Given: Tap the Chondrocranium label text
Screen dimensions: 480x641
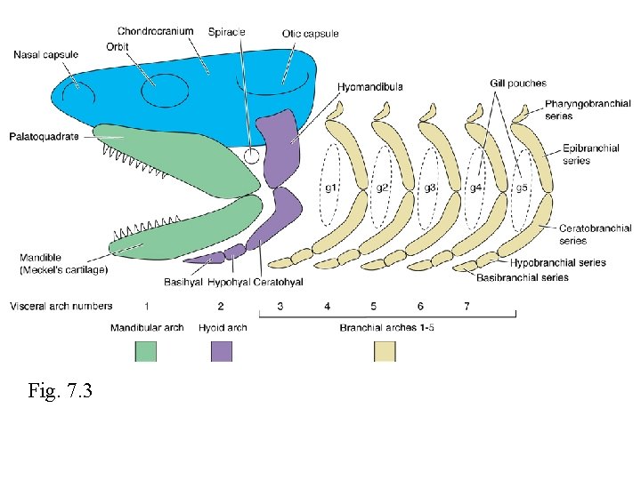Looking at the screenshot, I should [155, 31].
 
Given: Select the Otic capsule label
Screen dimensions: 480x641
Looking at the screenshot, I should [310, 34].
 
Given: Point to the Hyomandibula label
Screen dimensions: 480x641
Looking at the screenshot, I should [370, 87].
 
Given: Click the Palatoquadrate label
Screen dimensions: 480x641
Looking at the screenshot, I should [45, 137].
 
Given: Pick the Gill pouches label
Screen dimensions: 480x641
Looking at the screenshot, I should [517, 84].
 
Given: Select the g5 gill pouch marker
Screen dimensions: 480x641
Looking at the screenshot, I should [523, 188].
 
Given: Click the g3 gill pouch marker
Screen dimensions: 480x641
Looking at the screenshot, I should [430, 188].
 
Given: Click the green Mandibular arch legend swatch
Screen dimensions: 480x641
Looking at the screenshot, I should [145, 352].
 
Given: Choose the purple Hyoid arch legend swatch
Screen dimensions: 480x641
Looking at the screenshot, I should [222, 352].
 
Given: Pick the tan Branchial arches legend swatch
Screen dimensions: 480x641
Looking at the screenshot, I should [385, 352].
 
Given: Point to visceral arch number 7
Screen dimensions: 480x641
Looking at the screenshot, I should [467, 307].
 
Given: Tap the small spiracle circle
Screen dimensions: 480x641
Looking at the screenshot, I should [252, 156].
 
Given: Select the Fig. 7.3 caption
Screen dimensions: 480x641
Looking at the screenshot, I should [61, 390].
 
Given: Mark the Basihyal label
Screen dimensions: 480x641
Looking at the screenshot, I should [183, 283].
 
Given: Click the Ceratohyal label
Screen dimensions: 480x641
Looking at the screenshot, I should [278, 283].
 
